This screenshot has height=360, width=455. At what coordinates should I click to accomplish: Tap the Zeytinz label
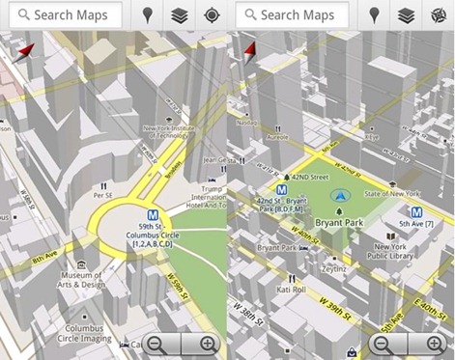click(x=334, y=272)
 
